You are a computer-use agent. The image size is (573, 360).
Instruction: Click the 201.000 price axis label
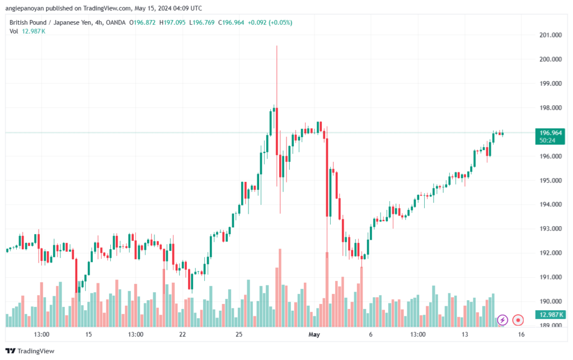pos(551,35)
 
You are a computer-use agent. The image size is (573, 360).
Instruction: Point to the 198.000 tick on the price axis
pos(551,108)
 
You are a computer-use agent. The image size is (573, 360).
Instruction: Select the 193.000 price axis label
pos(551,229)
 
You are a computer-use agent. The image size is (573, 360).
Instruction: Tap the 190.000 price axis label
pos(551,302)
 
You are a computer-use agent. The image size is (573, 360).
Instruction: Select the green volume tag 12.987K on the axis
pos(551,315)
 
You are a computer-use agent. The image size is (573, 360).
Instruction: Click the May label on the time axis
pos(314,334)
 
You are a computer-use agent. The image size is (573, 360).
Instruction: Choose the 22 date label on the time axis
pos(182,334)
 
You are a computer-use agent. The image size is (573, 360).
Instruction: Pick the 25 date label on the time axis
pos(238,334)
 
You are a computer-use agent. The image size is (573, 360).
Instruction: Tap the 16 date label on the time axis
pos(521,334)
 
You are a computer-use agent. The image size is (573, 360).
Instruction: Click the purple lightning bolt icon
pos(502,320)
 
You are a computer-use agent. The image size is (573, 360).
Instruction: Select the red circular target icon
pos(518,320)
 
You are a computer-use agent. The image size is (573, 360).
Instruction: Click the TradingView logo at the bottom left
pos(30,351)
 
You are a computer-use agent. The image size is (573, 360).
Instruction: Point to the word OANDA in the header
pos(115,22)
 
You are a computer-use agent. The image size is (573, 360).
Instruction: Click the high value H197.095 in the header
pos(172,22)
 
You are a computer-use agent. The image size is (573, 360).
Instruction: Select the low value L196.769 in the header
pos(201,22)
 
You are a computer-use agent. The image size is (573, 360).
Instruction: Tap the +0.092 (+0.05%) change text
pos(270,22)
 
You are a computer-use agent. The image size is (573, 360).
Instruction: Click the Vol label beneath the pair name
pos(13,31)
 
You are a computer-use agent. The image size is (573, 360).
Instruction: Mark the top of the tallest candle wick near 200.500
pos(276,46)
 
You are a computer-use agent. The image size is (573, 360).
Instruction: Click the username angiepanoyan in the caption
pos(24,8)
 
